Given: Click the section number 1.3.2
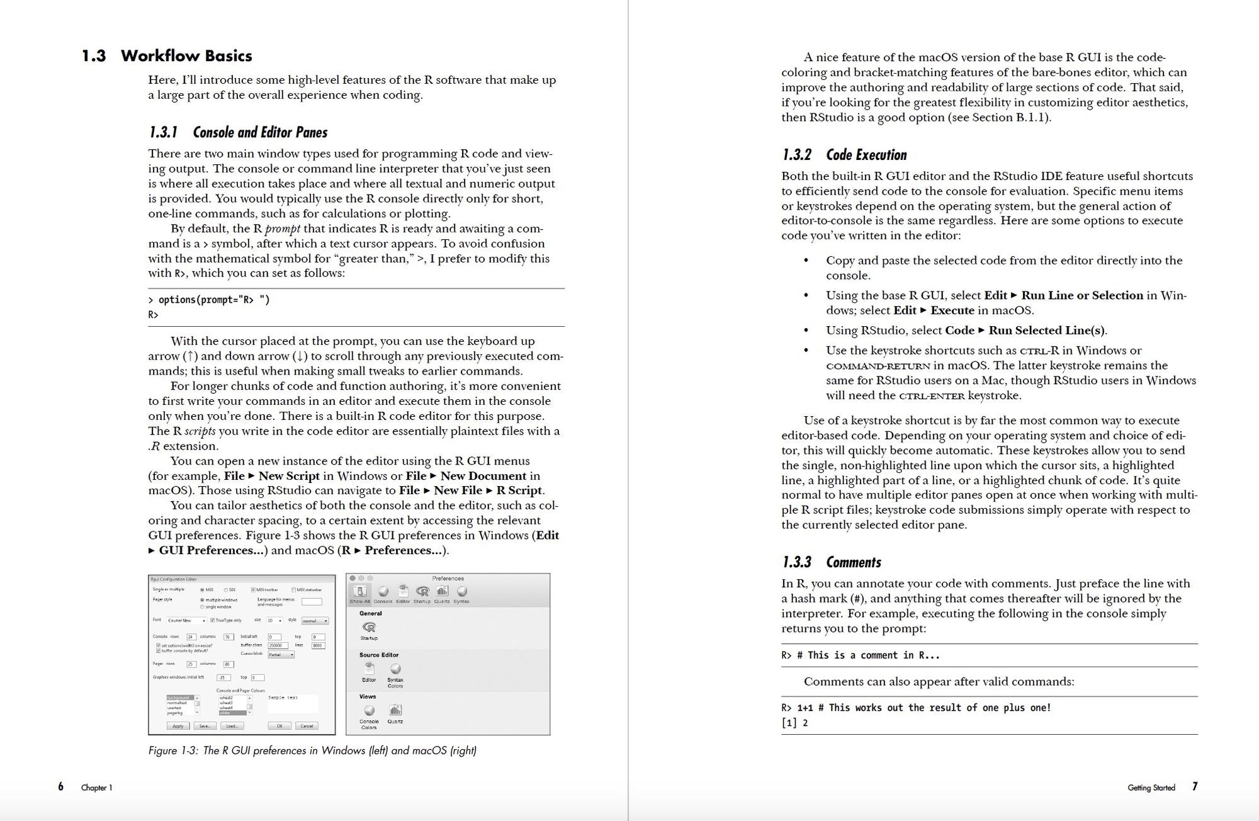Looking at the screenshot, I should (x=796, y=155).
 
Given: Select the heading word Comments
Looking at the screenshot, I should (x=853, y=562).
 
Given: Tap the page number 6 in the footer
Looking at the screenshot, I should (x=60, y=786).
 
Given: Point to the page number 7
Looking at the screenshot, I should (x=1194, y=786).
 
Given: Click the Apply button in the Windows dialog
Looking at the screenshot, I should (x=178, y=726).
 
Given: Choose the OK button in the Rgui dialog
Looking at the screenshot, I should (x=279, y=726).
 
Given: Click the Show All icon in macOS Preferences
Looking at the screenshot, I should (x=360, y=593).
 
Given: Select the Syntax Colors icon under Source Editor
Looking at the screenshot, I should (x=395, y=670).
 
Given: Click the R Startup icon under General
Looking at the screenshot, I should (x=370, y=628).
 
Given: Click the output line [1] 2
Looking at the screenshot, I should (x=794, y=723).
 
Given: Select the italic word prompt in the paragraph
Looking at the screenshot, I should (x=282, y=229).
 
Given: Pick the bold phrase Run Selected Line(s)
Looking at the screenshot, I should (x=1046, y=331).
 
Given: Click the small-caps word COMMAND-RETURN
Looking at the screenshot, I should (x=878, y=366).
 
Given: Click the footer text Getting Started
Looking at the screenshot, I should (x=1151, y=788).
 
